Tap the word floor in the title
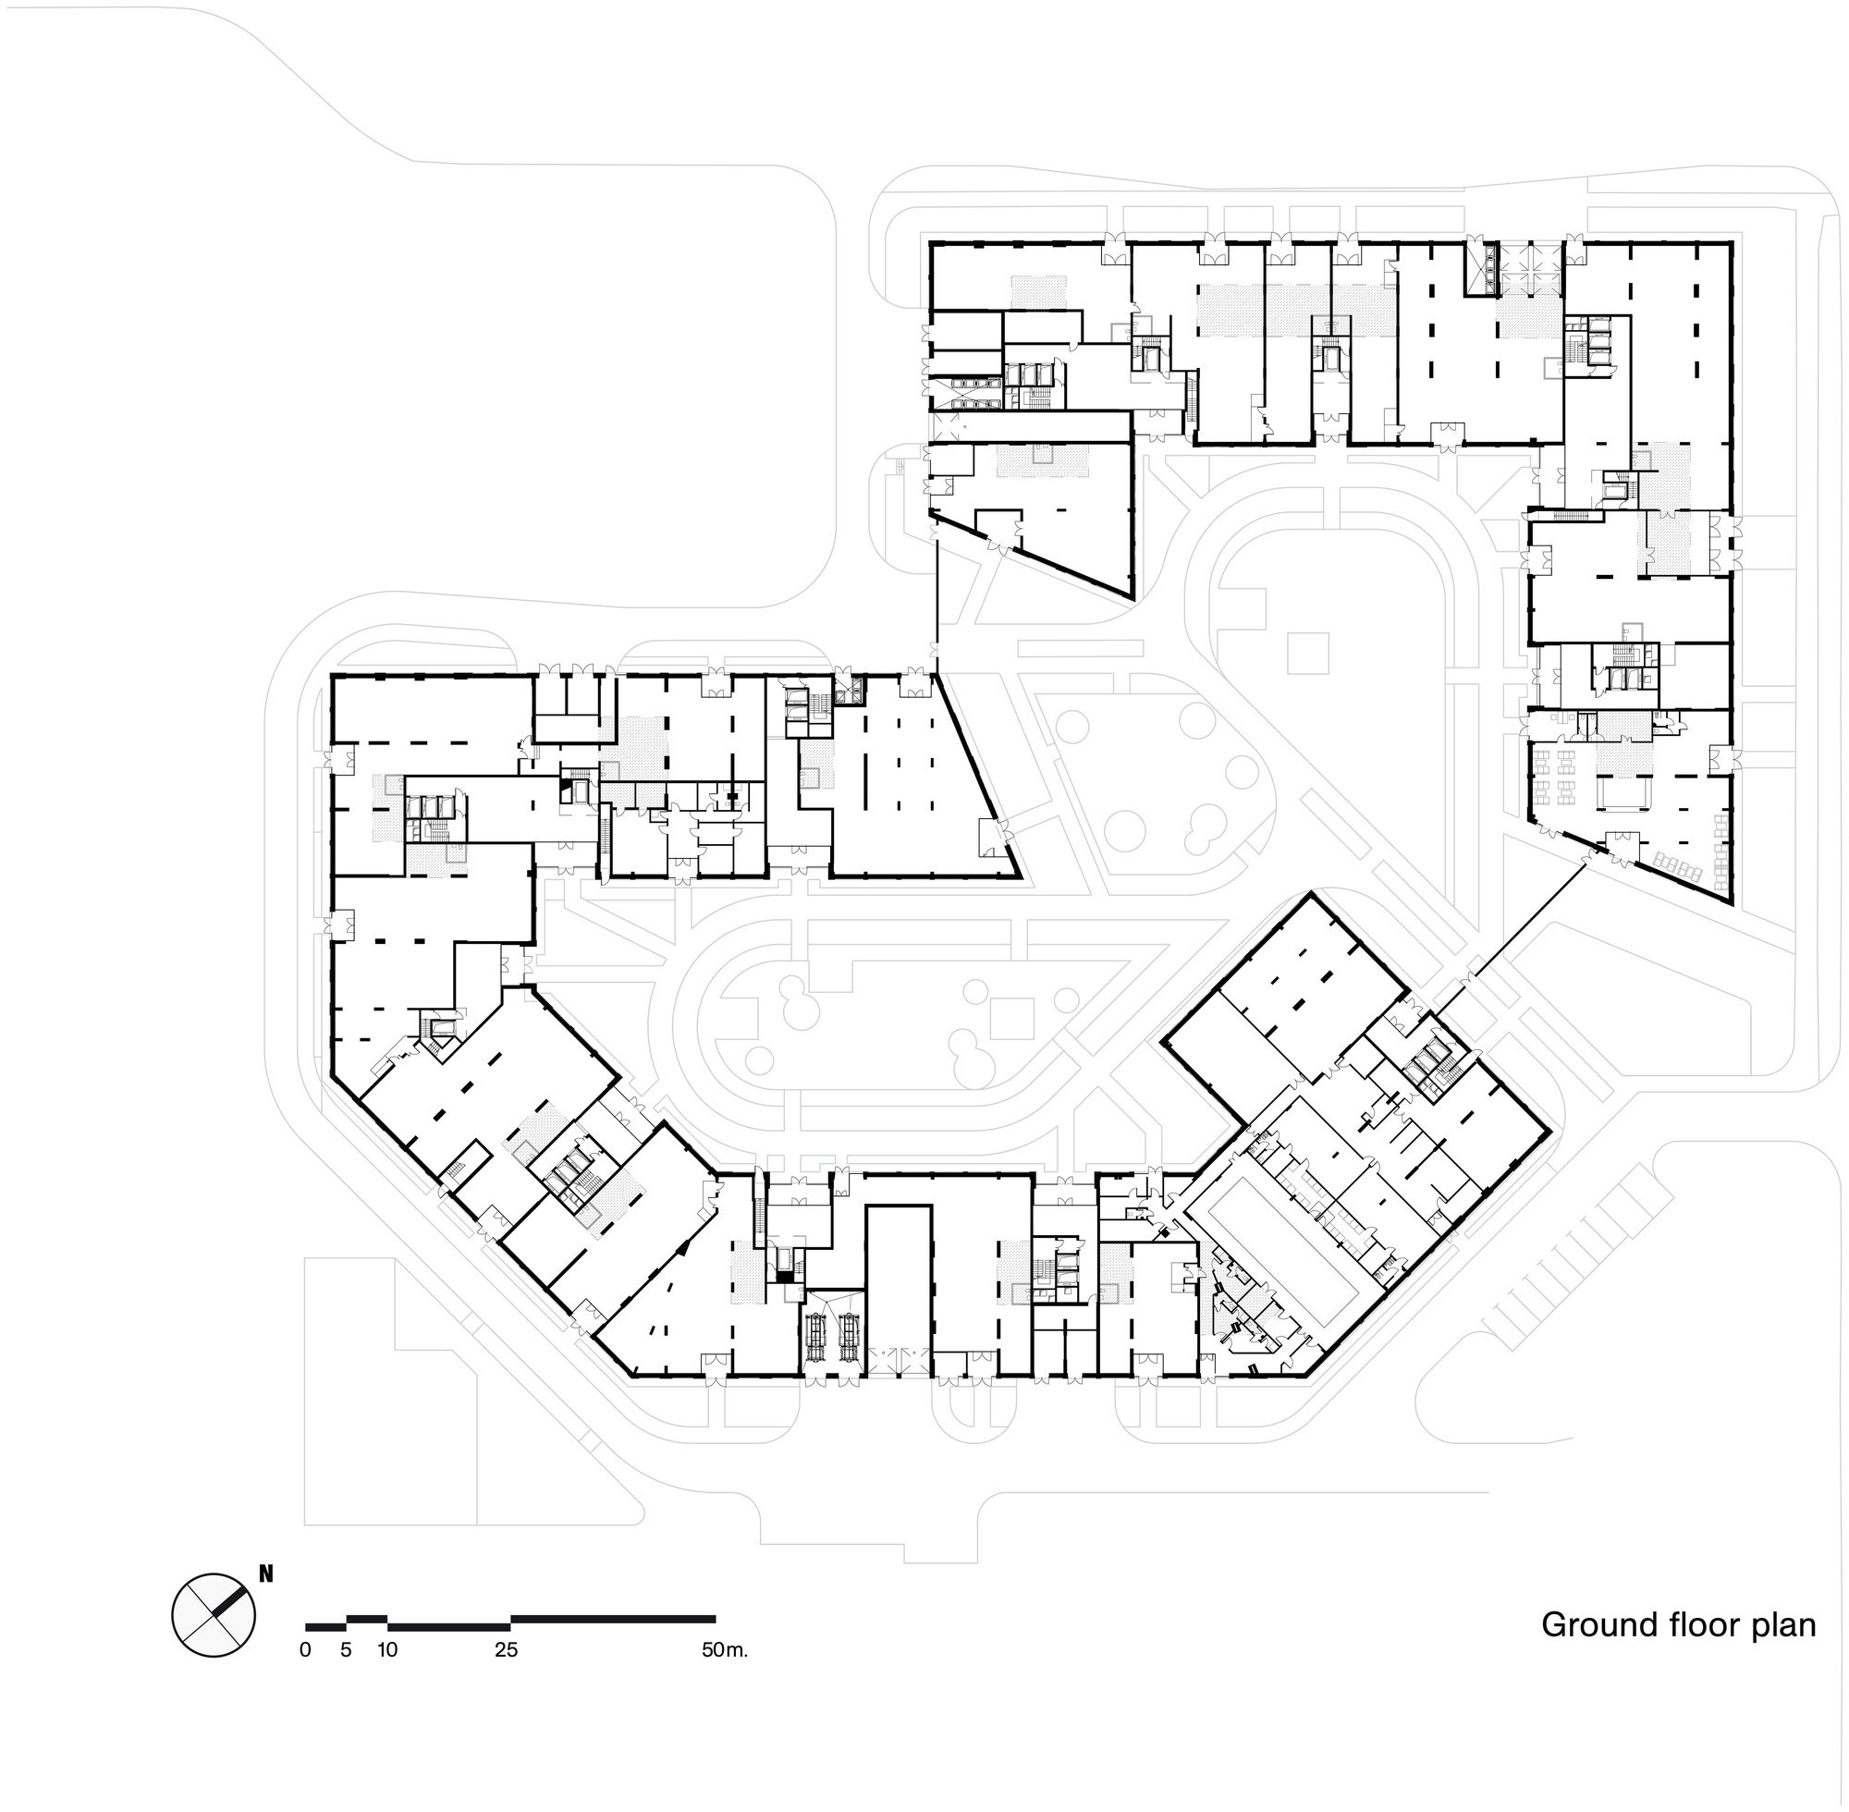click(1706, 1624)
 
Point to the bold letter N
click(266, 1574)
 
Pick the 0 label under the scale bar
click(304, 1650)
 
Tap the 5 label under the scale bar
click(347, 1650)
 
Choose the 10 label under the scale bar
click(387, 1650)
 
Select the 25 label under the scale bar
click(507, 1650)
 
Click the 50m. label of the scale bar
click(725, 1650)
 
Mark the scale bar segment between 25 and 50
click(613, 1618)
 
